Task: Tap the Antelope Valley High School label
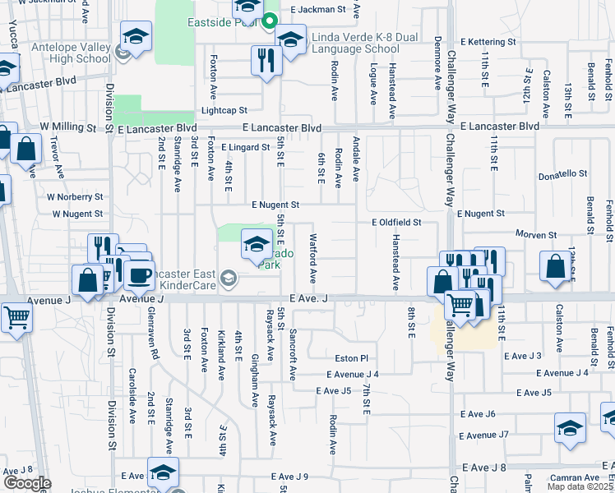(71, 53)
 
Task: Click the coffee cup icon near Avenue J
(139, 275)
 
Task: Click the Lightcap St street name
(224, 110)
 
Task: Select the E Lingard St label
(245, 148)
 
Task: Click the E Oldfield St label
(396, 223)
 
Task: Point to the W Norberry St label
(75, 197)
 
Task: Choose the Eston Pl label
(351, 358)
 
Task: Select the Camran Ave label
(574, 477)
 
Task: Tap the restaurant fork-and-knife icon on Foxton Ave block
(266, 60)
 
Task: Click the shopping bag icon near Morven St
(556, 267)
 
